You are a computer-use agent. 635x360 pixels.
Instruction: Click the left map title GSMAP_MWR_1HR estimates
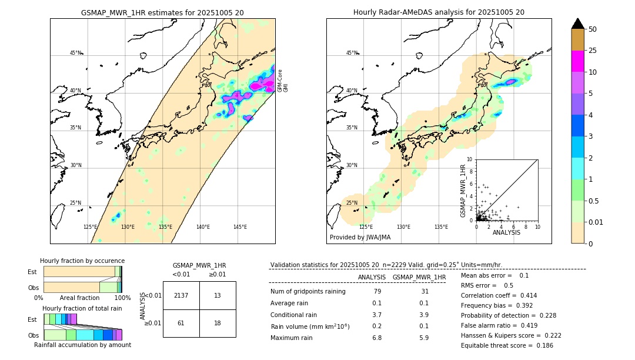(162, 12)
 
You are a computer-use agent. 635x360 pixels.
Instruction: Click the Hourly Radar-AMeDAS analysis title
(439, 12)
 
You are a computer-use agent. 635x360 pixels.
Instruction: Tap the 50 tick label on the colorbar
(593, 29)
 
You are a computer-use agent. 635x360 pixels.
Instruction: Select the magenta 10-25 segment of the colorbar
(578, 61)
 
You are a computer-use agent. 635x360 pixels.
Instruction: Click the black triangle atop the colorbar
(578, 24)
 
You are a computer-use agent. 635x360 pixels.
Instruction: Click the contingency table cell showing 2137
(181, 295)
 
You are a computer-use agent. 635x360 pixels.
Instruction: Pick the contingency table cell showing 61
(181, 323)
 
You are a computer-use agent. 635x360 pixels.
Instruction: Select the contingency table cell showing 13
(217, 295)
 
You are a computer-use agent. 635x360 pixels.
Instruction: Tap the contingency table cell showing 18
(217, 323)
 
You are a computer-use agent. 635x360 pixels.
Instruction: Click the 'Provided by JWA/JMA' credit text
(360, 238)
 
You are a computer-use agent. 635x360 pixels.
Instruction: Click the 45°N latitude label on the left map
(76, 53)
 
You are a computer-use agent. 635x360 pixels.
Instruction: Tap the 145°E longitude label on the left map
(240, 227)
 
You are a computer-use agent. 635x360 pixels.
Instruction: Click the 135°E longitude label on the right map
(441, 227)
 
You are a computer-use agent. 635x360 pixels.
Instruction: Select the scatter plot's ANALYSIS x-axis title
(506, 233)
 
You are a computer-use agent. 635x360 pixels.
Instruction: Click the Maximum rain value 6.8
(377, 338)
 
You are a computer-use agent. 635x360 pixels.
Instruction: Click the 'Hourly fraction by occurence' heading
(82, 261)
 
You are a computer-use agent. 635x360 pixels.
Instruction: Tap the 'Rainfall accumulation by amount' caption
(82, 345)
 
